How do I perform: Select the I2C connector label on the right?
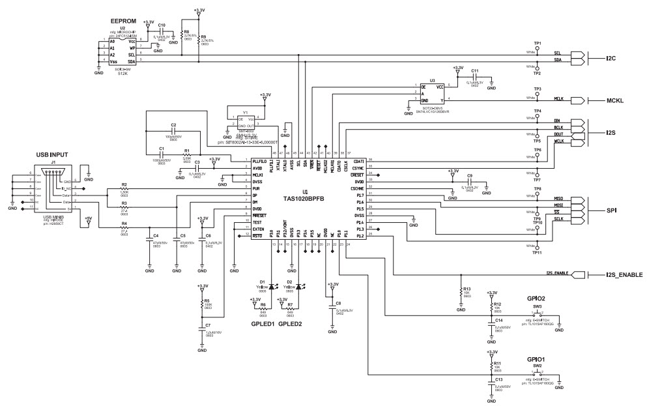611,59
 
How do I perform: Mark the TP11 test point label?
537,253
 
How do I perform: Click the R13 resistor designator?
467,289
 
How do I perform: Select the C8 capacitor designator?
338,304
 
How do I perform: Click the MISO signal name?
557,199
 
